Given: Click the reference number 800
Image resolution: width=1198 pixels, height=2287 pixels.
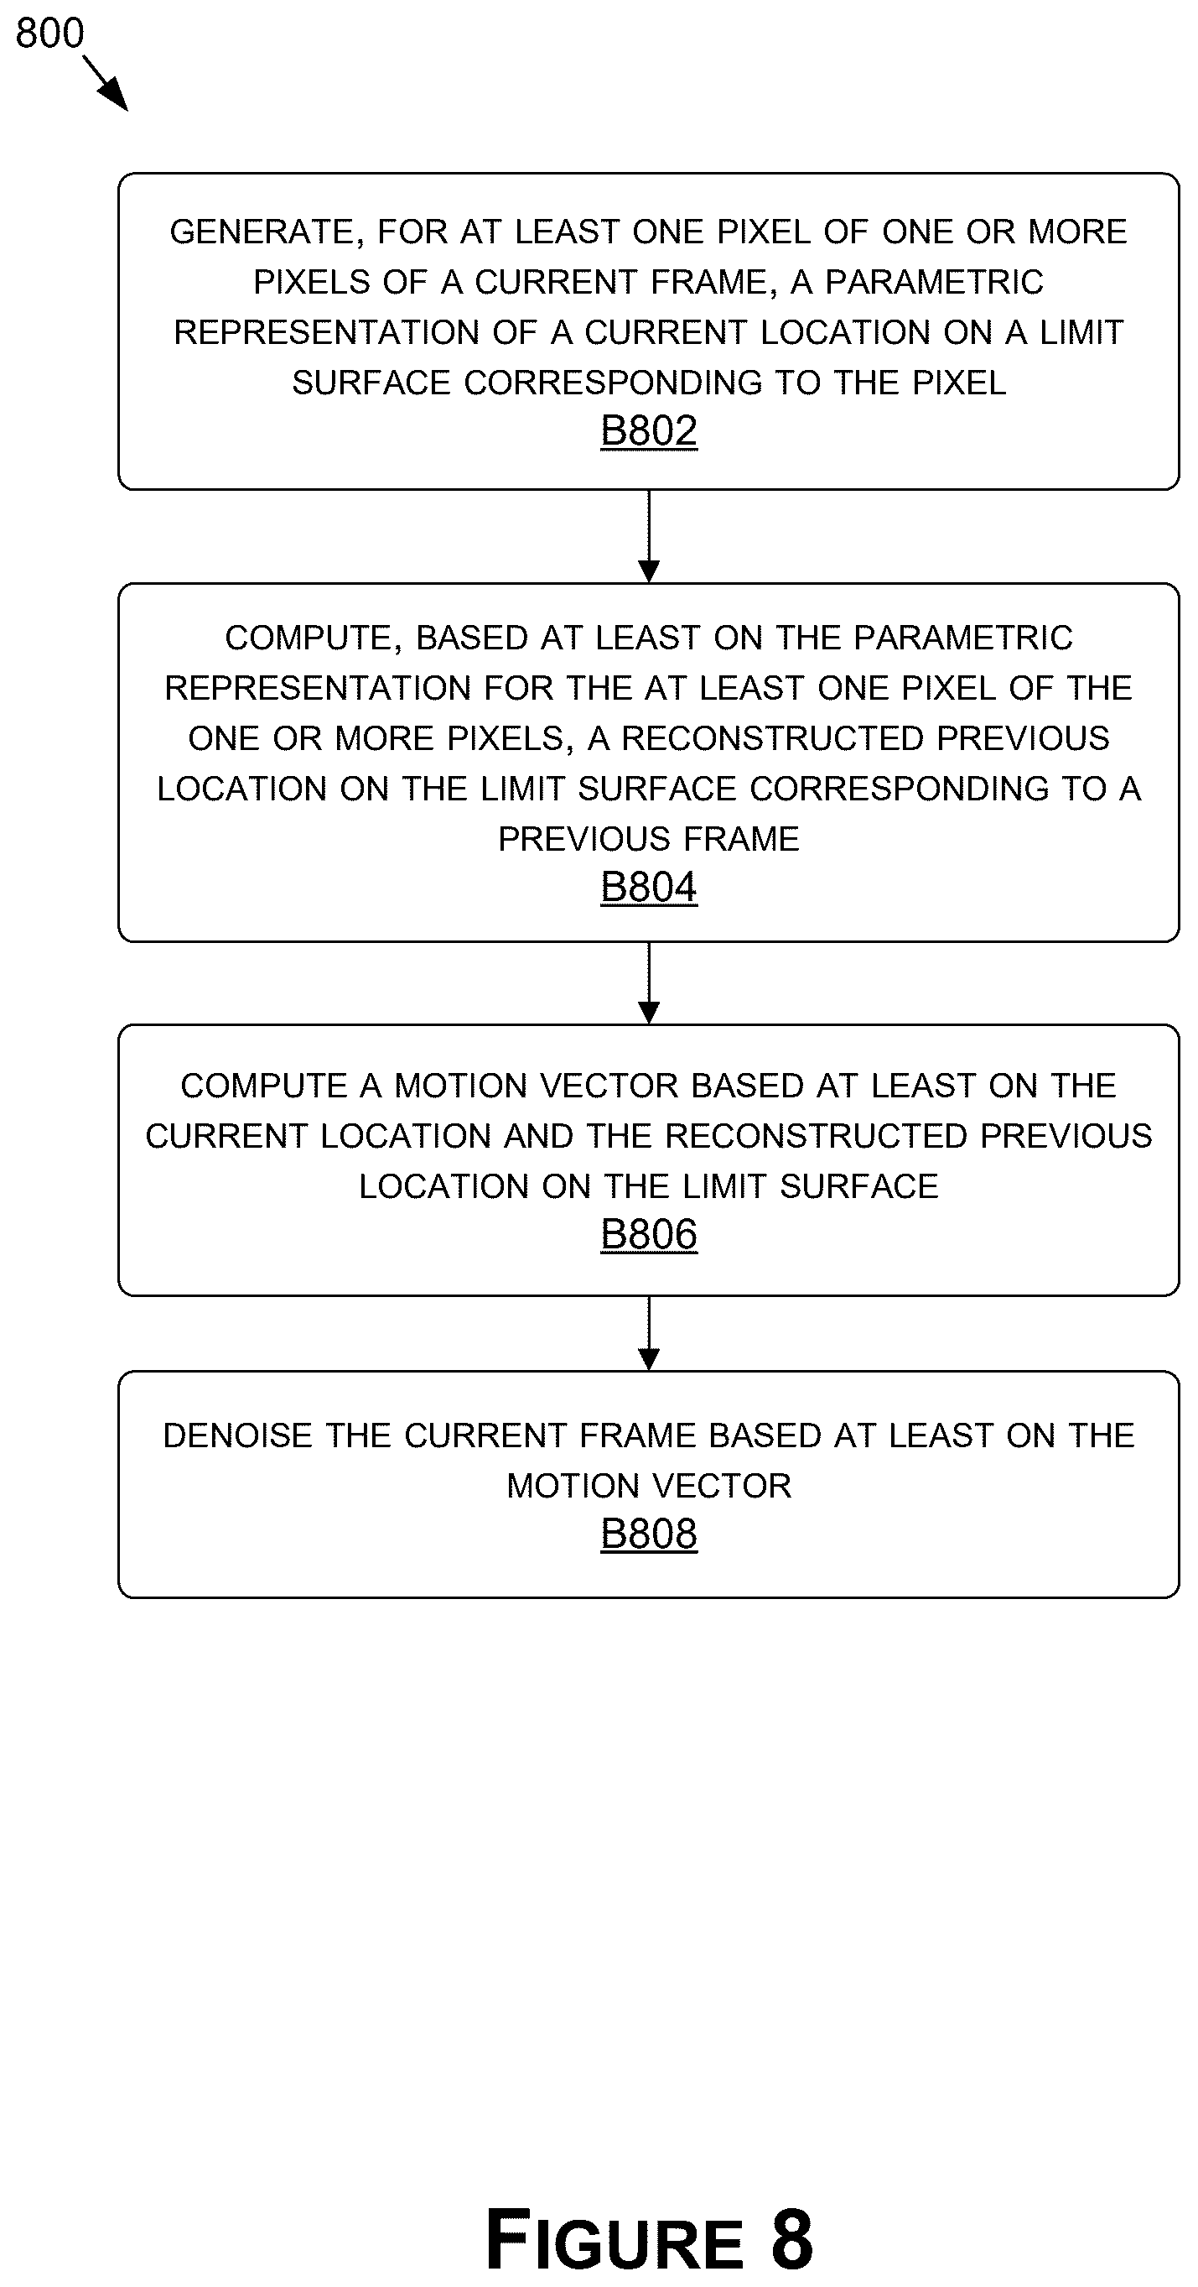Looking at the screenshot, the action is [x=49, y=33].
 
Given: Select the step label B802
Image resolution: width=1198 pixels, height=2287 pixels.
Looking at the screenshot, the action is [x=649, y=431].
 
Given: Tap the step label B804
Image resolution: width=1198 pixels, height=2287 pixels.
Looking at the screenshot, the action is [x=649, y=888].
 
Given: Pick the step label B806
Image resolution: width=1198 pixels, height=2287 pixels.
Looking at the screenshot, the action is [x=649, y=1235].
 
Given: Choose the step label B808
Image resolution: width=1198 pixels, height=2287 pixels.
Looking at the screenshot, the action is [x=649, y=1534].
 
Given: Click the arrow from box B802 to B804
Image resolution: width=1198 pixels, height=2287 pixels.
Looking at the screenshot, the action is [x=649, y=536].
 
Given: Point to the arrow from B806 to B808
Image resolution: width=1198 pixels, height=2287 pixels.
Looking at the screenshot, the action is [x=649, y=1333].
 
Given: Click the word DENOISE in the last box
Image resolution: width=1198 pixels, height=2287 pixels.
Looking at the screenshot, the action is [x=237, y=1436].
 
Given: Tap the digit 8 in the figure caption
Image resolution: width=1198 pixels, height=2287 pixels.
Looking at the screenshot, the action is [x=791, y=2238].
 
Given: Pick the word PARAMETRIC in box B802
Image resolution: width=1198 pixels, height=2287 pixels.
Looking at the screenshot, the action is [x=935, y=283].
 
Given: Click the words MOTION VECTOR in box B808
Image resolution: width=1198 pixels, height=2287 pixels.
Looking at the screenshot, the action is [x=649, y=1486].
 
